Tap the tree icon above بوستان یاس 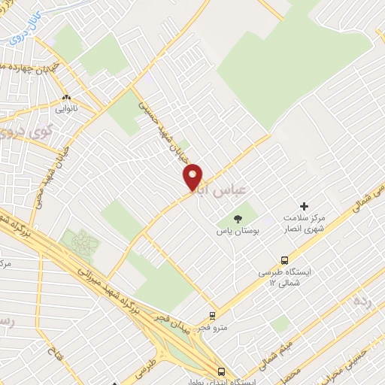tap(238, 220)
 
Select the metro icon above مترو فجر tap(213, 316)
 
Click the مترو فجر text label tap(213, 329)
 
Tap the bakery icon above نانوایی tap(66, 98)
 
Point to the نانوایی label tap(66, 110)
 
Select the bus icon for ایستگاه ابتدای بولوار tap(220, 371)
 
